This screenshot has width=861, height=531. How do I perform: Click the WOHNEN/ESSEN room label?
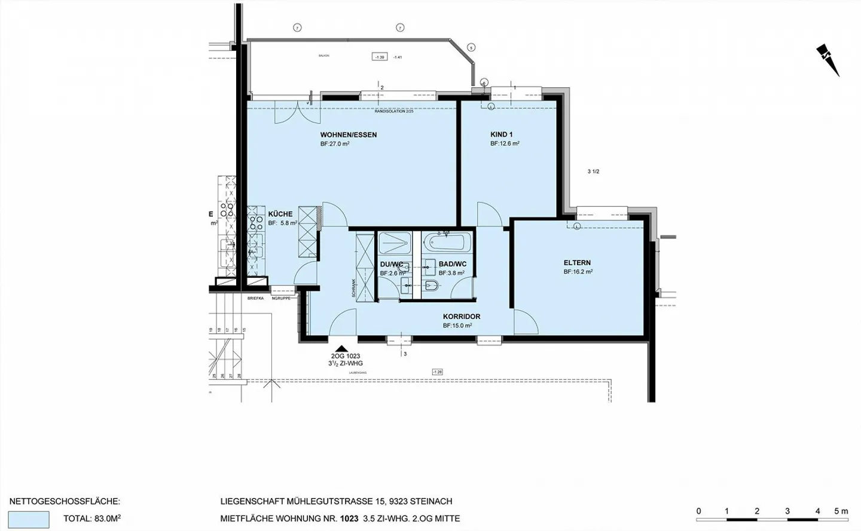click(x=348, y=135)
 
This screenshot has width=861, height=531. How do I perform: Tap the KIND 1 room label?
click(x=501, y=135)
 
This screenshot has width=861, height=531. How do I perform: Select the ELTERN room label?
click(x=577, y=263)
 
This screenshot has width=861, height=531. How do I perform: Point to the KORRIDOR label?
click(x=461, y=317)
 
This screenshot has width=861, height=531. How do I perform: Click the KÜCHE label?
click(x=280, y=214)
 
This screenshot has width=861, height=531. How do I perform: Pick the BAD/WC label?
click(x=452, y=264)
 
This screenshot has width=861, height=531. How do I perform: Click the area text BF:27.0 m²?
click(x=335, y=144)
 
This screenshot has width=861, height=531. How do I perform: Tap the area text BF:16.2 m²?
click(x=578, y=272)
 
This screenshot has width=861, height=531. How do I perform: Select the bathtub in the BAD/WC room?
click(x=447, y=243)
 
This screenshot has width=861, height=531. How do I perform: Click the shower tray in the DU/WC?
click(x=394, y=243)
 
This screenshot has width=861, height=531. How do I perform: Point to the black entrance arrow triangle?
click(x=341, y=349)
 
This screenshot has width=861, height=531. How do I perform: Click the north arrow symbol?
click(x=828, y=60)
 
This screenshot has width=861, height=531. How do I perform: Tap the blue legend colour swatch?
click(x=29, y=519)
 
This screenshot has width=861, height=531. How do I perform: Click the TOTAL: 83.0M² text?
click(x=92, y=519)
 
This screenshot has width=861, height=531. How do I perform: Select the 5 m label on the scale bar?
click(x=840, y=511)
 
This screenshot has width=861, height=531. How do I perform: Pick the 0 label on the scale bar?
click(x=698, y=511)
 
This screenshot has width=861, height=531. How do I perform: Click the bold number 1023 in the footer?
click(x=349, y=519)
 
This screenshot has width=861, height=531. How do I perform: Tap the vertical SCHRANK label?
click(x=353, y=288)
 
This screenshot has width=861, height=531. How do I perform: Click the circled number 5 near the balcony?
click(x=471, y=47)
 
